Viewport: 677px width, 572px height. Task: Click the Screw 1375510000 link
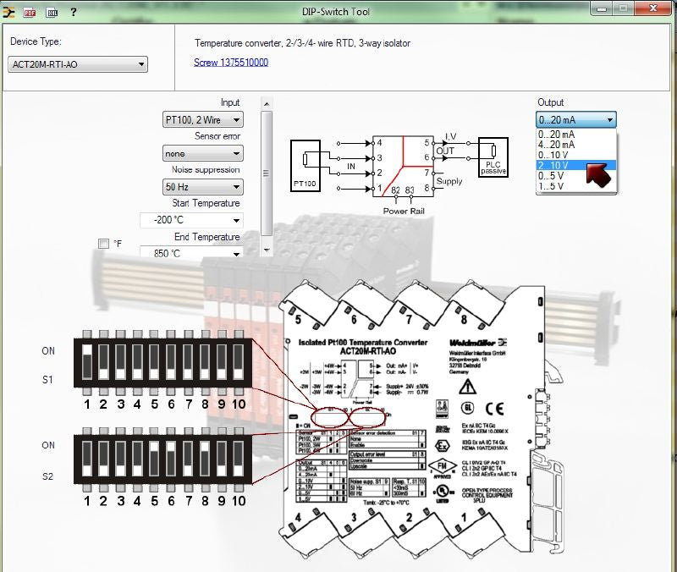(x=231, y=62)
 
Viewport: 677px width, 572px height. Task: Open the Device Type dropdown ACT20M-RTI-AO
(x=78, y=64)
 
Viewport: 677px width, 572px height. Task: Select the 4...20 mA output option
(x=557, y=145)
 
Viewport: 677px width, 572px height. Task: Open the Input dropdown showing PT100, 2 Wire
(x=203, y=120)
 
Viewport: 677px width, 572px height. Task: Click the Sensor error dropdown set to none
(x=203, y=154)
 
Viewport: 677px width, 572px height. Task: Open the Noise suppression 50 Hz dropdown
(x=203, y=187)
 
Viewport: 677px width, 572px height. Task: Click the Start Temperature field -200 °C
(x=191, y=220)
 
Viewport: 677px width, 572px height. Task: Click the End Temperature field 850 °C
(x=191, y=253)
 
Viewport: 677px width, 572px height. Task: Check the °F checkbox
(x=103, y=244)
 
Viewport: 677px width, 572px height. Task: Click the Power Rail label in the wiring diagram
(x=403, y=211)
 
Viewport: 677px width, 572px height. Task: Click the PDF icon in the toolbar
(x=29, y=12)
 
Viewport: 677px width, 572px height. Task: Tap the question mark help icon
(x=73, y=12)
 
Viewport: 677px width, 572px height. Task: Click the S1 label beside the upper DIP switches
(x=48, y=380)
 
